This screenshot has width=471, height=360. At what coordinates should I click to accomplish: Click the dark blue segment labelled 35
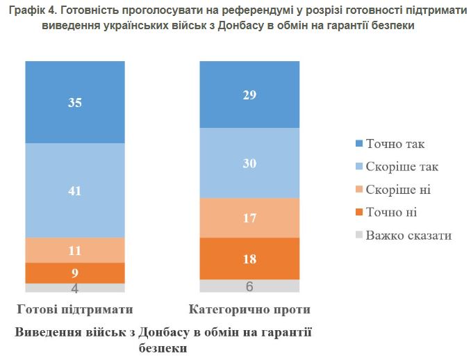click(x=75, y=101)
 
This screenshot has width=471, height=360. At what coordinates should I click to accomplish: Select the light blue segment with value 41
click(x=75, y=190)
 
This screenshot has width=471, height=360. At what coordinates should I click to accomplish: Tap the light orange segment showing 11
click(x=75, y=249)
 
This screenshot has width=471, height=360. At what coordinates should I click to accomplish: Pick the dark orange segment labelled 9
click(x=75, y=272)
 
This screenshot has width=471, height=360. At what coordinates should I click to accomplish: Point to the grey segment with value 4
click(x=75, y=287)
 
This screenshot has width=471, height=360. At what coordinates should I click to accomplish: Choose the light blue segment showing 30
click(x=249, y=163)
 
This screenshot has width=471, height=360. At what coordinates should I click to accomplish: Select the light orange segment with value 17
click(x=249, y=218)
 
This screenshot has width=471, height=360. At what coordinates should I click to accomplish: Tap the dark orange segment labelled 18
click(x=249, y=259)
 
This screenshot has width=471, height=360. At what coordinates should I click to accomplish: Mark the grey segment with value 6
click(x=249, y=286)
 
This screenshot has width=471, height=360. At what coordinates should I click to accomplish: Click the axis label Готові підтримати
click(x=75, y=309)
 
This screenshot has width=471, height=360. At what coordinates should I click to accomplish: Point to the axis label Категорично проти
click(x=249, y=309)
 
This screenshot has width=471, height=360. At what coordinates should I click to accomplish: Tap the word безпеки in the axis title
click(x=163, y=347)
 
